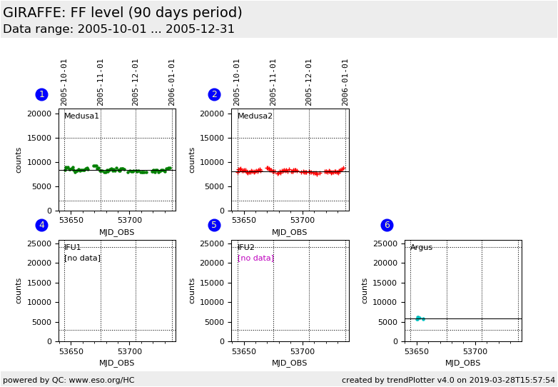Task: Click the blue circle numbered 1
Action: coord(41,94)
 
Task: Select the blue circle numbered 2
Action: coord(214,94)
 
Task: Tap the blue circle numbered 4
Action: coord(41,225)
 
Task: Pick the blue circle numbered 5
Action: coord(214,225)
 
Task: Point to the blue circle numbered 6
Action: coord(387,225)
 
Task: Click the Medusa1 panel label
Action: coord(81,116)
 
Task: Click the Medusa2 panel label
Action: coord(255,116)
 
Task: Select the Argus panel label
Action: coord(421,248)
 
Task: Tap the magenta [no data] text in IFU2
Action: coord(255,258)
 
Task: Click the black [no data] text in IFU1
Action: coord(82,258)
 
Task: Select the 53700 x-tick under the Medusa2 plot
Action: coord(303,221)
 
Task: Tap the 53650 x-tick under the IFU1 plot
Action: coord(71,351)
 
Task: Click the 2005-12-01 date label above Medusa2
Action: coord(309,82)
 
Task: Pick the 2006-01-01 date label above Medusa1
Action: coord(172,82)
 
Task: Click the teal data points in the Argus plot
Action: coord(420,318)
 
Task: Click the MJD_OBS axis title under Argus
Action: coord(462,363)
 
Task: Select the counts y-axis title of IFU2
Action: coord(193,291)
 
